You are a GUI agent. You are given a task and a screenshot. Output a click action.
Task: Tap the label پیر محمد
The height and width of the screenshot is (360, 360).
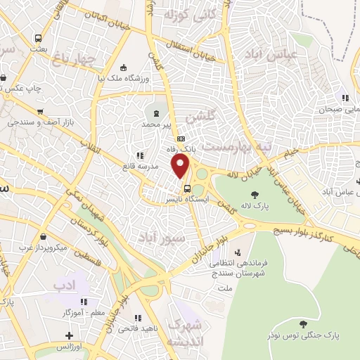coord(157,124)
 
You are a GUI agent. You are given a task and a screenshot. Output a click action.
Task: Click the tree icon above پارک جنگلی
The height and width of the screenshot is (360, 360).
coord(303,323)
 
